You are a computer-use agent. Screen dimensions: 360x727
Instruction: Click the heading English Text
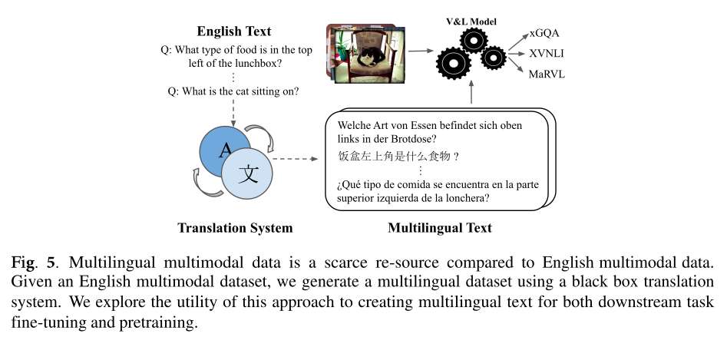(x=234, y=31)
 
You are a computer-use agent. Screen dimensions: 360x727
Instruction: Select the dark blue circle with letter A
(x=222, y=150)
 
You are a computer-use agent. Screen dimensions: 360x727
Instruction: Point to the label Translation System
(x=234, y=227)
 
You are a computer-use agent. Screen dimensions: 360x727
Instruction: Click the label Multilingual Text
(x=439, y=227)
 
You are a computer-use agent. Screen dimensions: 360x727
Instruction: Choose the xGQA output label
(x=544, y=34)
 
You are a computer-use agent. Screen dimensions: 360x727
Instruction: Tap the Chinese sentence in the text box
(x=398, y=156)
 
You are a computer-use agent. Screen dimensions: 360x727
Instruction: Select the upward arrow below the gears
(x=473, y=93)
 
